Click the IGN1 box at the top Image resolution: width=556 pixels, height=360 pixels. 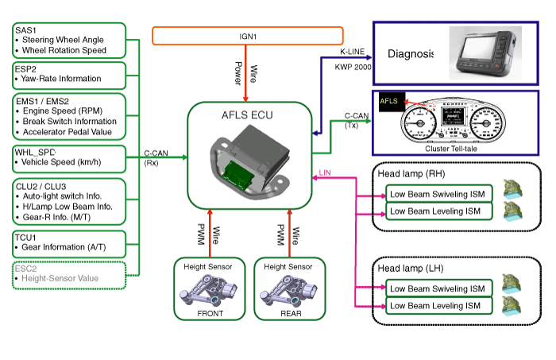tap(247, 36)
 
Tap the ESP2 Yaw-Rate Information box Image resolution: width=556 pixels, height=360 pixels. tap(70, 75)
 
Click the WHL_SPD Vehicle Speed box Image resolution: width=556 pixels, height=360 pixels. tap(70, 157)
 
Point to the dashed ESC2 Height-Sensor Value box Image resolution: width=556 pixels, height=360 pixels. tap(70, 273)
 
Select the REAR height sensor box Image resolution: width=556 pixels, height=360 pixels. tap(290, 288)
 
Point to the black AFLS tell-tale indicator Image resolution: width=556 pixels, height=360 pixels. tap(389, 102)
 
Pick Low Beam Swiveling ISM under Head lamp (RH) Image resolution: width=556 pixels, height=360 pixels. tap(438, 194)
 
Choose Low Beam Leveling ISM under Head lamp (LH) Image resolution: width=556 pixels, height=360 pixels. tap(438, 305)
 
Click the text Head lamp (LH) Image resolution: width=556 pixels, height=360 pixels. tap(411, 268)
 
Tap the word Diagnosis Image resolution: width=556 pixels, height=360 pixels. tap(411, 54)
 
